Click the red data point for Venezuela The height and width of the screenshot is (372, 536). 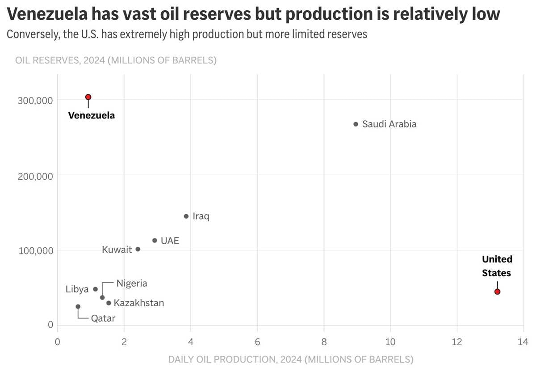click(x=88, y=97)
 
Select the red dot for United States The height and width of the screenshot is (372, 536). click(x=497, y=292)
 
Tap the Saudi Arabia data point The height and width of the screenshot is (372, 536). click(x=356, y=124)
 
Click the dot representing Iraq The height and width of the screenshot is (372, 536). click(x=186, y=216)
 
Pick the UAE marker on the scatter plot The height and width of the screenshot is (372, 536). click(x=155, y=241)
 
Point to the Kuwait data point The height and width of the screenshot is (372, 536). click(x=138, y=249)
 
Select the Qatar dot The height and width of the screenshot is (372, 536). click(x=78, y=307)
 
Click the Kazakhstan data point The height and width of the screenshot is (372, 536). click(x=109, y=303)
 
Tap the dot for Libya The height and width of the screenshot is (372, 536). click(x=95, y=289)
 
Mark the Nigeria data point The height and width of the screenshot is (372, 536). click(x=102, y=297)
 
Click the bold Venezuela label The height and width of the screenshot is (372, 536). click(x=91, y=115)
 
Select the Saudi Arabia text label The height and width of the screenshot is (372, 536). click(x=389, y=124)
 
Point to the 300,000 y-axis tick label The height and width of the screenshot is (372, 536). click(x=35, y=101)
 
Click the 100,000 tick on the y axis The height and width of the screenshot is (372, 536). click(x=35, y=250)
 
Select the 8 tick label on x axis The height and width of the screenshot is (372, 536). click(x=324, y=342)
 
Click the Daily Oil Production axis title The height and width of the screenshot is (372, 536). click(x=290, y=359)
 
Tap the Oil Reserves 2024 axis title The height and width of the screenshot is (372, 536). click(x=116, y=60)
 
